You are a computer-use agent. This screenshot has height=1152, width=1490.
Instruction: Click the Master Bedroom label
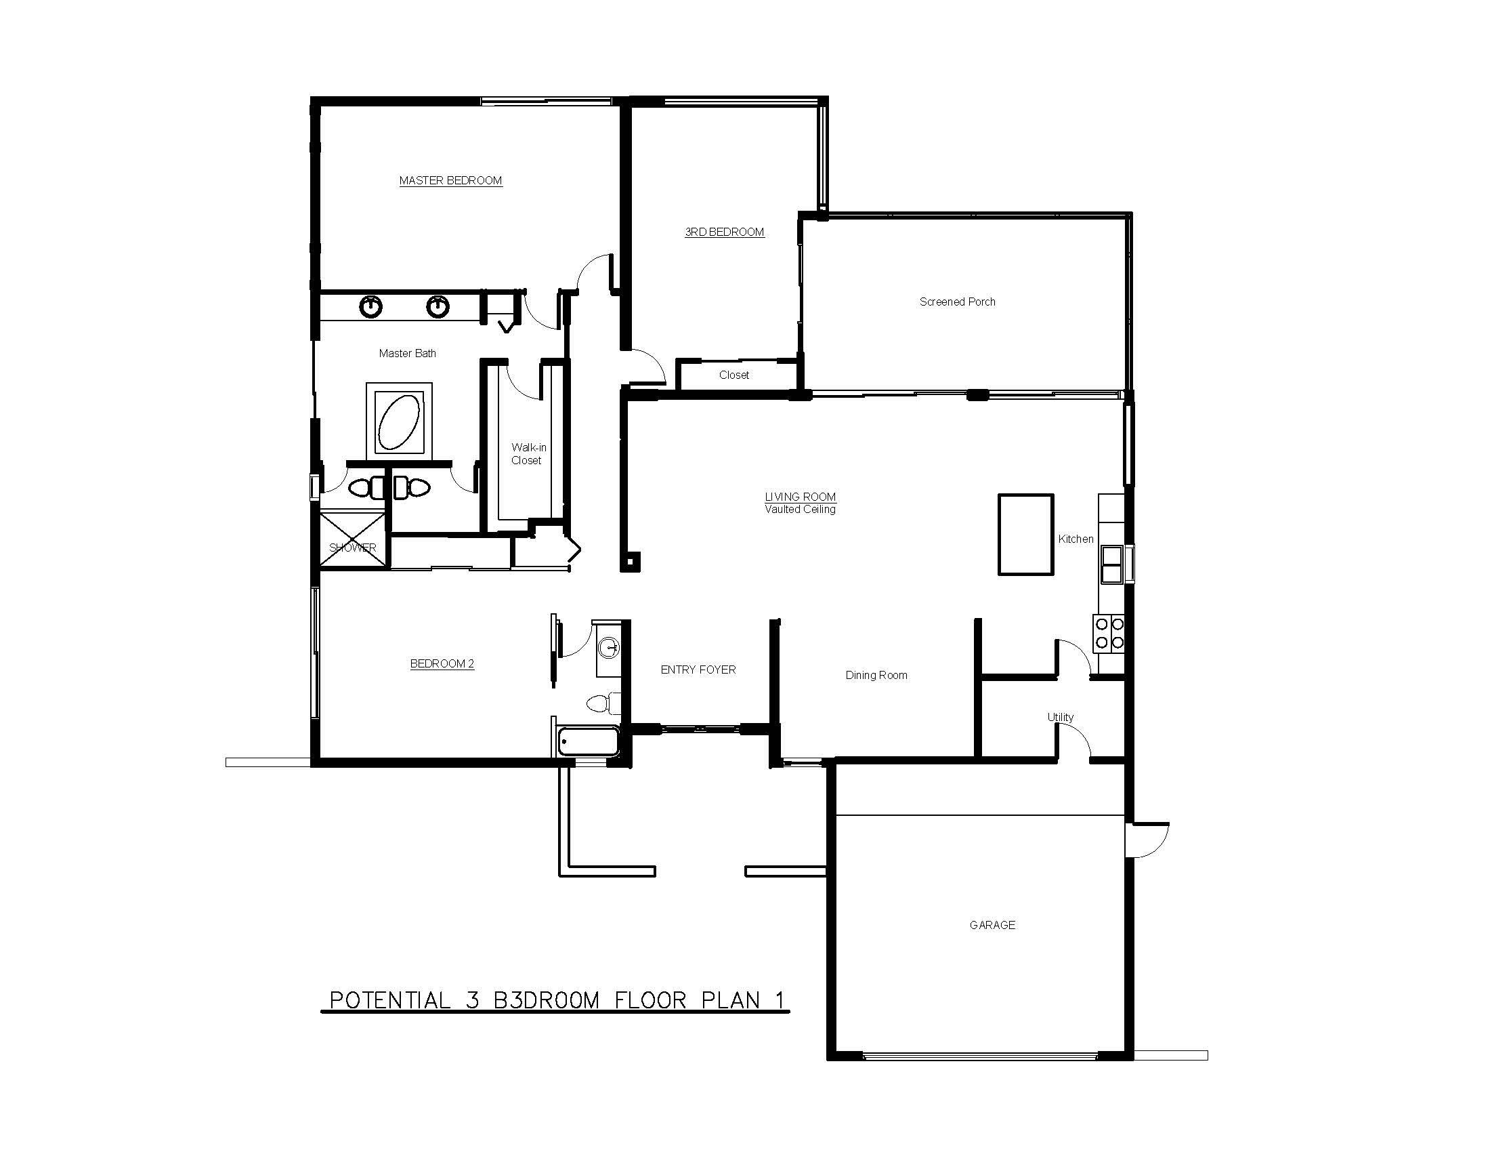click(x=450, y=181)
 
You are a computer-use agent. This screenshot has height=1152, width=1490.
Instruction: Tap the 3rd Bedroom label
click(x=725, y=232)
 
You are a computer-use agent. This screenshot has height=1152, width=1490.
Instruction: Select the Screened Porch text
click(x=957, y=302)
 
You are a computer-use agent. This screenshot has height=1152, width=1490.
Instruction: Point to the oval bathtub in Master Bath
click(x=399, y=420)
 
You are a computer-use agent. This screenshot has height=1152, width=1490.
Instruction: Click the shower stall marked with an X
click(x=353, y=539)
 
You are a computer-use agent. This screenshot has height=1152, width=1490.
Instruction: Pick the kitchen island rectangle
click(x=1026, y=535)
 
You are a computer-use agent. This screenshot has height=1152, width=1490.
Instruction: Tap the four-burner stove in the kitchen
click(x=1109, y=634)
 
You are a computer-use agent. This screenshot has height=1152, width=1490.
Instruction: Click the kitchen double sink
click(x=1111, y=564)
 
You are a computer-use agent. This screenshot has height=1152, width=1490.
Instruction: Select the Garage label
click(x=993, y=926)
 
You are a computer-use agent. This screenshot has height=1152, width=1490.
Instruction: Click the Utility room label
click(x=1060, y=717)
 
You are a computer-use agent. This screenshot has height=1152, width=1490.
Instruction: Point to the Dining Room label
click(x=876, y=676)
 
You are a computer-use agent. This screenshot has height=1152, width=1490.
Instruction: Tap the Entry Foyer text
click(x=698, y=670)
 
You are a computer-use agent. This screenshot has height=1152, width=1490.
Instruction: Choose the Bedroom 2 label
click(x=442, y=664)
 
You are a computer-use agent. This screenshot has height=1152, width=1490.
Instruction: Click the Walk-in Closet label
click(x=529, y=454)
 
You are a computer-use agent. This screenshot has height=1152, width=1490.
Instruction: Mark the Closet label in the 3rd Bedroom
click(x=734, y=375)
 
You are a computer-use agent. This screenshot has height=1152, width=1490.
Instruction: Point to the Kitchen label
click(x=1076, y=539)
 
